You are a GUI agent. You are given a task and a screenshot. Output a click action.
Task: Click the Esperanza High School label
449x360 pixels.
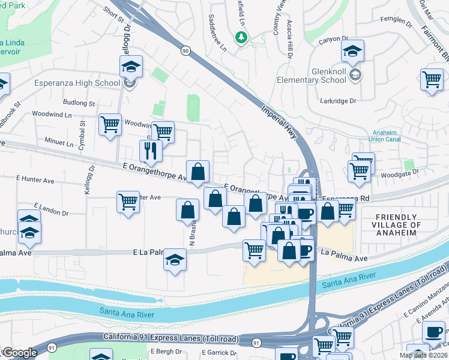coord(77,83)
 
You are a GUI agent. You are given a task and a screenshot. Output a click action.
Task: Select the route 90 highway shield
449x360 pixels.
coord(185,52)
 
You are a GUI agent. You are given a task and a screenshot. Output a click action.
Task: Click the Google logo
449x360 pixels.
coord(19,353)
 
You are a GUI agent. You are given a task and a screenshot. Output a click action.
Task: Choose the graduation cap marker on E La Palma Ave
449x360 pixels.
coord(175,259)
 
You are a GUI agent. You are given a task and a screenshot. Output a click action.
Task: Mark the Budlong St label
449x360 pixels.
coord(79,103)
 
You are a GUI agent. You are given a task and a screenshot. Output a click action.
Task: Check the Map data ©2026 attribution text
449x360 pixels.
coord(423,355)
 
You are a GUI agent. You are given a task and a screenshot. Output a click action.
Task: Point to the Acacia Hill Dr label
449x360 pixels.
coord(289,38)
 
